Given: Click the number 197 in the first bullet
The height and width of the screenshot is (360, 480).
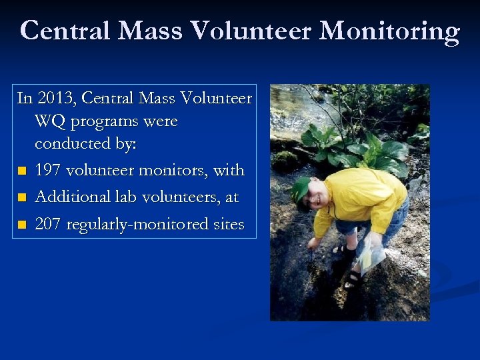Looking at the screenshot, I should click(x=48, y=171).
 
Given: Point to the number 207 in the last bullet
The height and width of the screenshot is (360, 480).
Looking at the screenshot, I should click(x=48, y=225).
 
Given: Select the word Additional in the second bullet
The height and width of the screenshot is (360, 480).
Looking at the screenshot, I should click(x=70, y=197).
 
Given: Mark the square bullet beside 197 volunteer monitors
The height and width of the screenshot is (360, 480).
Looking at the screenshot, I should click(x=23, y=171).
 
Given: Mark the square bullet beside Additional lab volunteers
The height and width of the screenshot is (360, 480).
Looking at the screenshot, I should click(x=23, y=198).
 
